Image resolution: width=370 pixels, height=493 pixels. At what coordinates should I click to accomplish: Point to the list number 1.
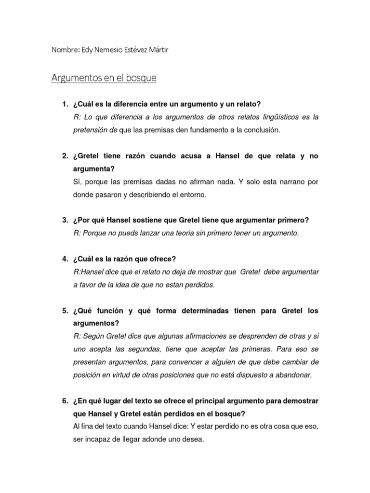(x=65, y=104)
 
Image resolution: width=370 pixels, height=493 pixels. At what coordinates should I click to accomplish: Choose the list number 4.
(x=65, y=259)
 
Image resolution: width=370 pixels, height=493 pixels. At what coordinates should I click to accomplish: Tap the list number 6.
(x=65, y=401)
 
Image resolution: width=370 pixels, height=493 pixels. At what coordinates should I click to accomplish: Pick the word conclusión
(x=262, y=130)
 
